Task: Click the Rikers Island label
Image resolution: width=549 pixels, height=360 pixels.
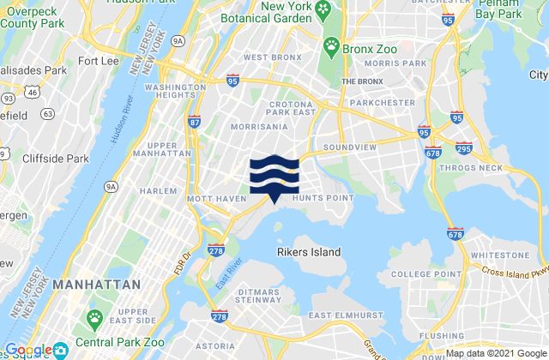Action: pos(309,252)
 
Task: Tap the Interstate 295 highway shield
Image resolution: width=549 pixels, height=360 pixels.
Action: pos(464,150)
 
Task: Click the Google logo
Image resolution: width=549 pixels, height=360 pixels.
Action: pos(28,350)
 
